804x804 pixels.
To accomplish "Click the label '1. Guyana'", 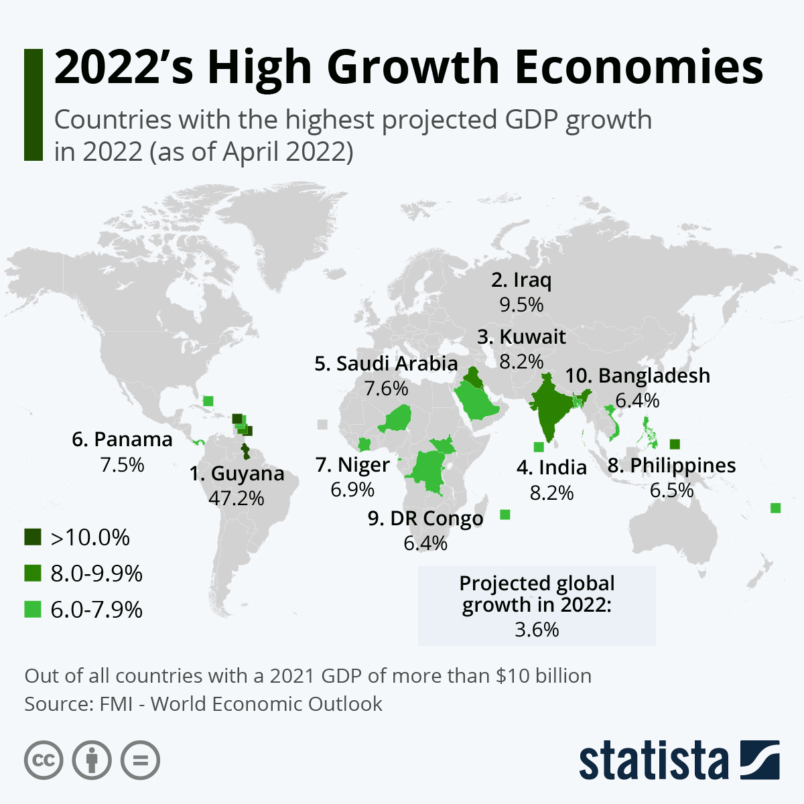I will point(237,474).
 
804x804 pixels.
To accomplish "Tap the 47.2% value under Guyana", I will point(237,498).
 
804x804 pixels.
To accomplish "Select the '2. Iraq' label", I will point(521,280).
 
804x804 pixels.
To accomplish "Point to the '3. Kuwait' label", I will point(521,336).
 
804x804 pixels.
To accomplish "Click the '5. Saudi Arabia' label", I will point(386,364).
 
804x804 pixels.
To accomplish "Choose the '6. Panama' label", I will point(122,440).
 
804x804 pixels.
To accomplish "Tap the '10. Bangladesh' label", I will point(637,376).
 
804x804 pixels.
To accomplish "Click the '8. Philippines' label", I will point(671,466).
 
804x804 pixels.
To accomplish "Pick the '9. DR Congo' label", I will point(425,519).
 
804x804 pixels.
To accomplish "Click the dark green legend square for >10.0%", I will point(33,537).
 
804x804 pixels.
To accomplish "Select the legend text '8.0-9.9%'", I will point(96,574).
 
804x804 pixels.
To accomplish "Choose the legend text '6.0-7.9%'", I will point(96,610).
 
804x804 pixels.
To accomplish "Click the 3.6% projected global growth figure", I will point(537,630).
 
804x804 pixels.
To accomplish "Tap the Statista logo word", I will point(653,761).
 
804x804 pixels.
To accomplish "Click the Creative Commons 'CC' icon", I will point(44,760).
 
